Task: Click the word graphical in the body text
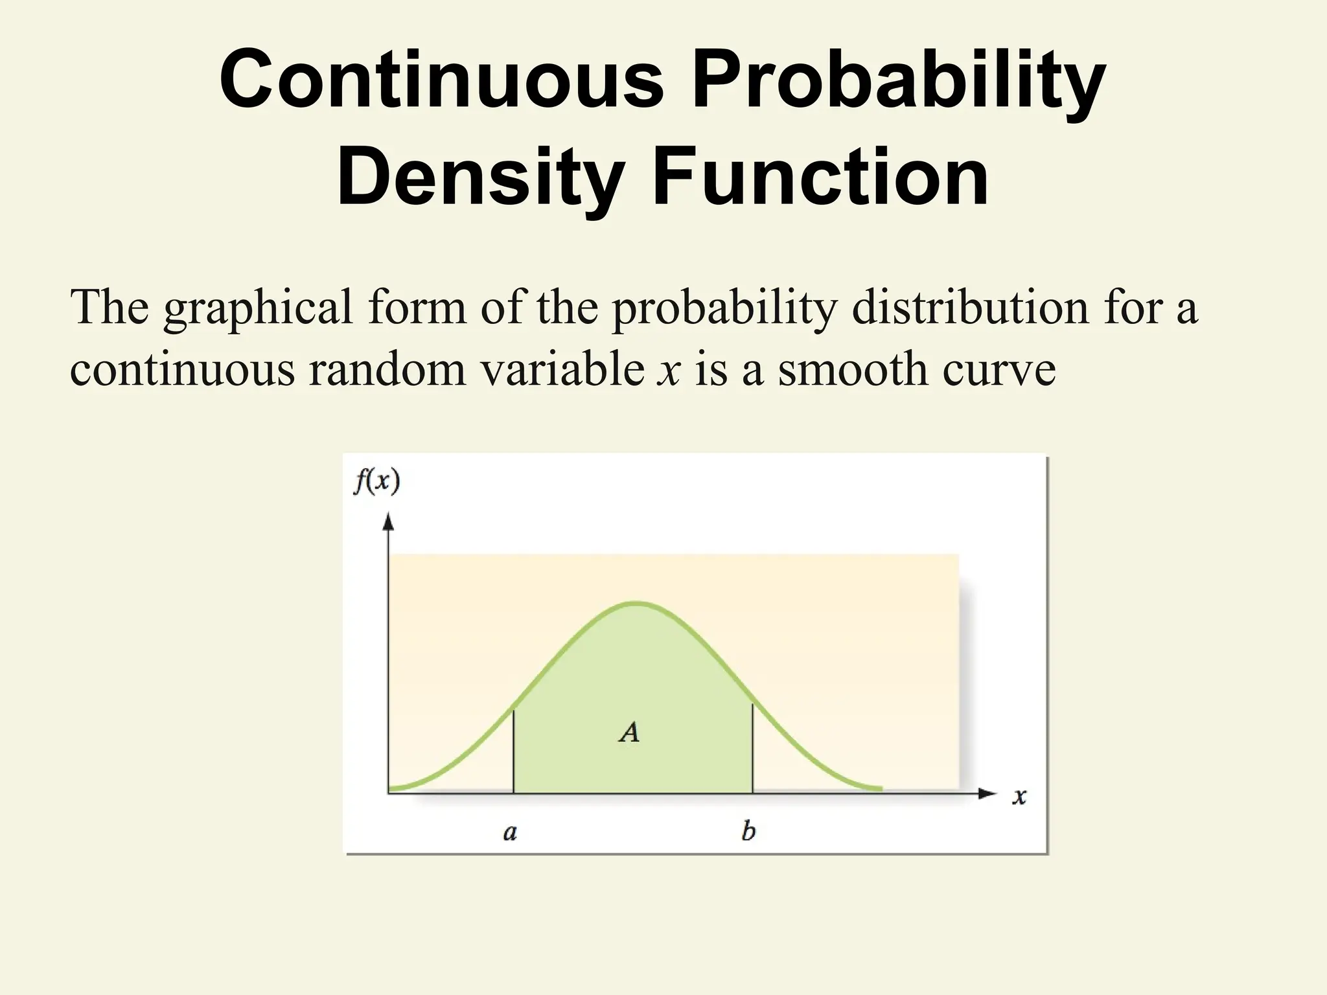(258, 308)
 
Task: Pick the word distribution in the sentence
(970, 307)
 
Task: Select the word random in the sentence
(387, 369)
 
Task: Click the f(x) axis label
(376, 483)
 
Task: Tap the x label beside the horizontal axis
(1019, 795)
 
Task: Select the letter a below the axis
(510, 832)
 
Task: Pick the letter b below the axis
(748, 830)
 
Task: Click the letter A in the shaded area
(629, 732)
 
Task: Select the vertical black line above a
(513, 751)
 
